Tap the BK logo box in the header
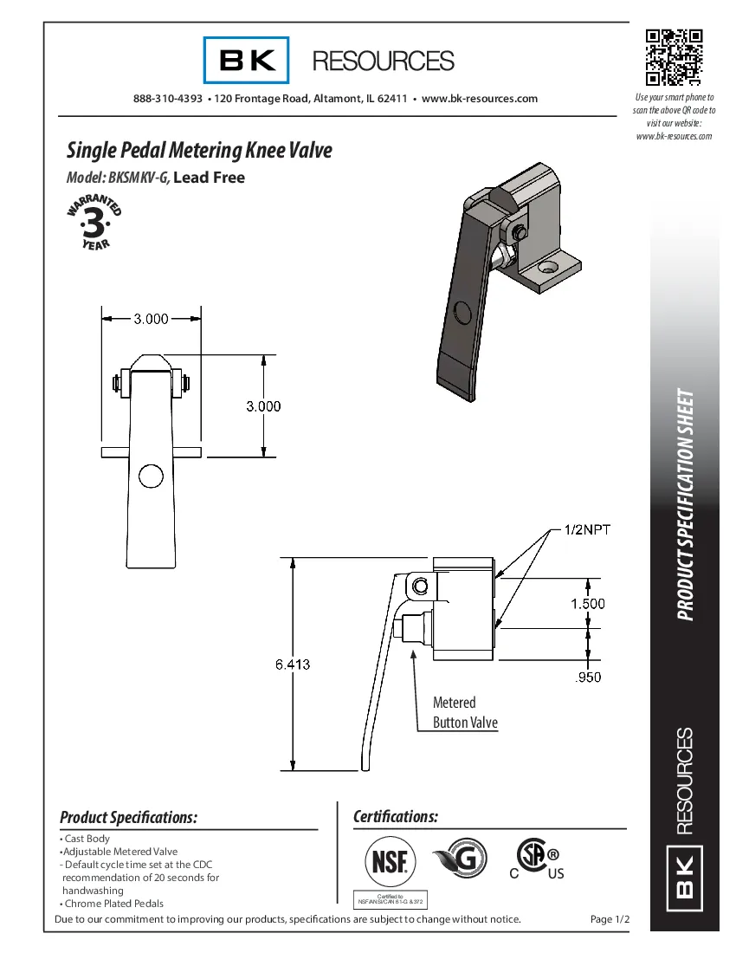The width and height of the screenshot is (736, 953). click(x=247, y=60)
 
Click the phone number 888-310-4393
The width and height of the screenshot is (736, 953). click(x=168, y=99)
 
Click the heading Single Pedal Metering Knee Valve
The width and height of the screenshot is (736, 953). click(x=199, y=150)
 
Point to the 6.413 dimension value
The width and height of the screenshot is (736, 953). click(x=293, y=665)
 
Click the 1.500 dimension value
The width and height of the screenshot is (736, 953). click(x=587, y=604)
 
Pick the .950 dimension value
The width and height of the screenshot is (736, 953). click(x=588, y=677)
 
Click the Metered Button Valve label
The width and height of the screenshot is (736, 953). click(x=465, y=712)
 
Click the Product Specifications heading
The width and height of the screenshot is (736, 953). click(x=128, y=817)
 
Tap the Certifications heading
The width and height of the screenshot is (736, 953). click(x=396, y=817)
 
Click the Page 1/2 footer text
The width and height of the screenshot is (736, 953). click(x=609, y=919)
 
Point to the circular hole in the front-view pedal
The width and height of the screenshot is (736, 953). click(x=151, y=476)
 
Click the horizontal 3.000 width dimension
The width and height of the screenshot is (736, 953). click(x=151, y=319)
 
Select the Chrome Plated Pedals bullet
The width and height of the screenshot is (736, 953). click(x=113, y=904)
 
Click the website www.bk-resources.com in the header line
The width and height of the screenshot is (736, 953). click(x=479, y=99)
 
